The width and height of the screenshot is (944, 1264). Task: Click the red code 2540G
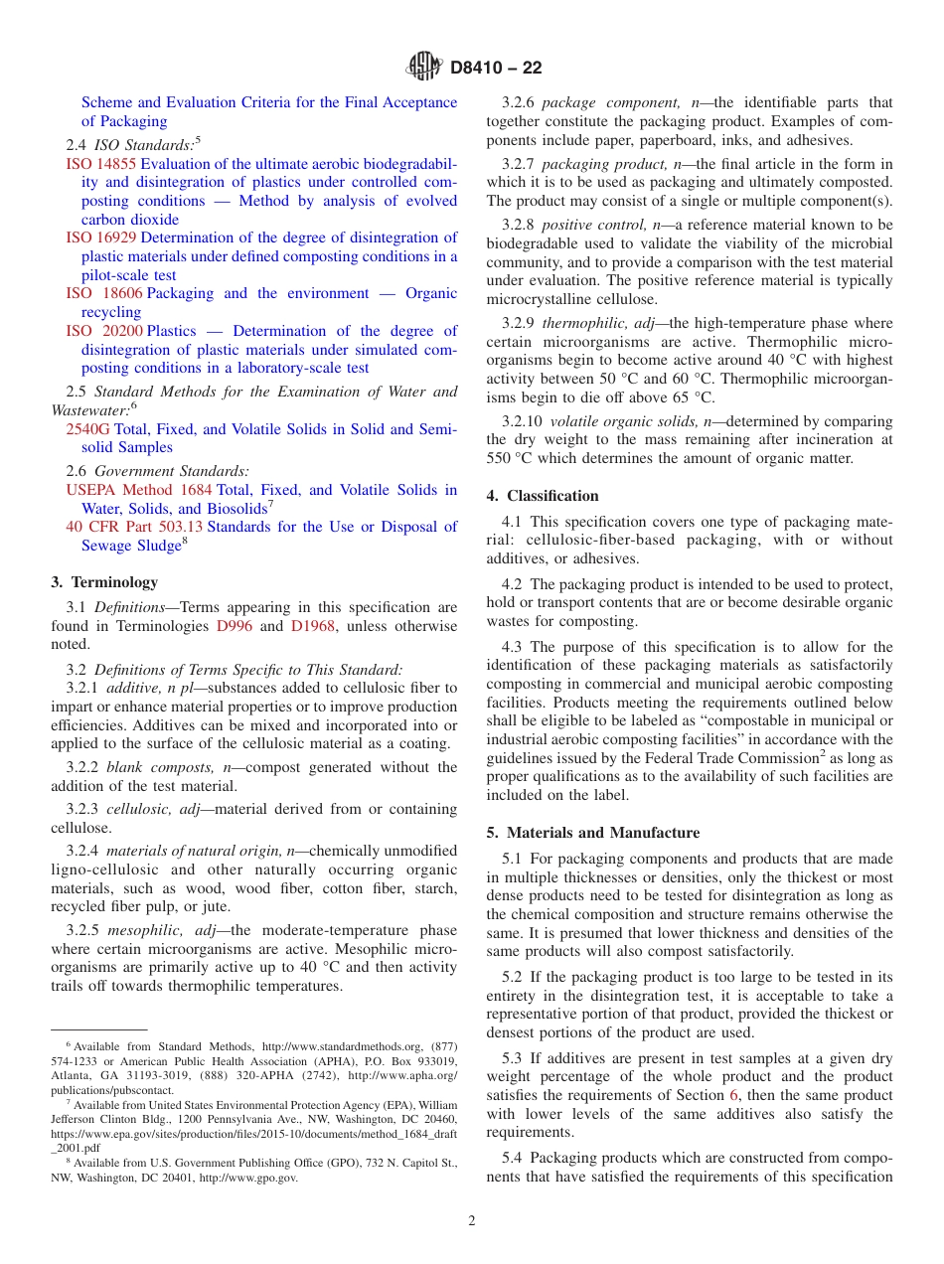click(88, 429)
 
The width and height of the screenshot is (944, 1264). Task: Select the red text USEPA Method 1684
click(139, 490)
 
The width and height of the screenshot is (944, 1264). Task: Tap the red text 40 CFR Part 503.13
click(134, 527)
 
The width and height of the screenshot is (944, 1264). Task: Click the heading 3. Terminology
click(103, 582)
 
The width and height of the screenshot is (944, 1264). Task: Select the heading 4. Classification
click(543, 496)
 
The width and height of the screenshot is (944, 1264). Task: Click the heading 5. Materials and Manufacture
click(592, 833)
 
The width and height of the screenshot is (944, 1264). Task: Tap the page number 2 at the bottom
click(472, 1221)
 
